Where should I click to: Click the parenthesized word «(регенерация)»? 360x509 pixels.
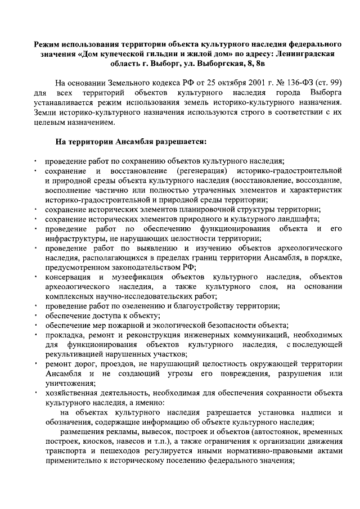[x=201, y=170]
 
